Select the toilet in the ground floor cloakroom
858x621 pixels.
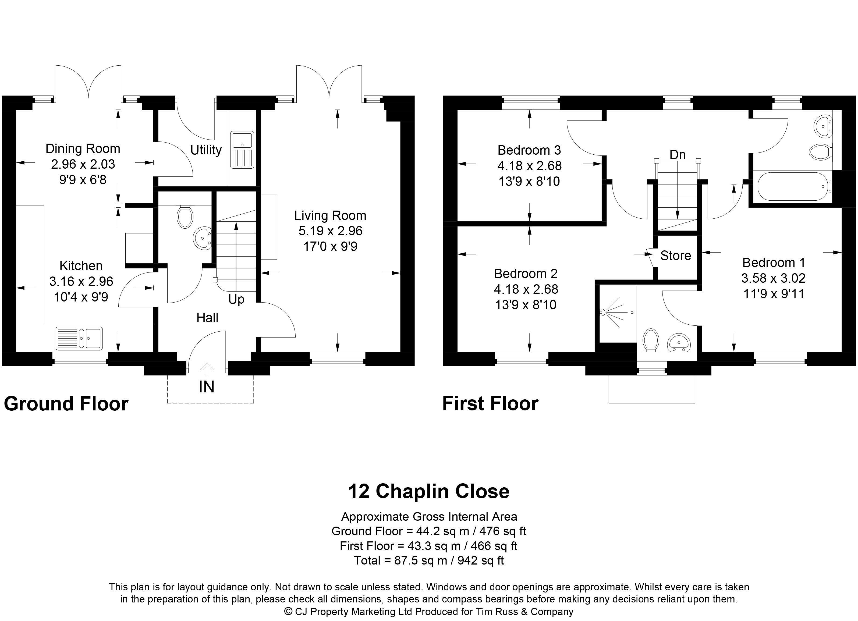coord(185,217)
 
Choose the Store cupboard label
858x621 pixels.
coord(676,256)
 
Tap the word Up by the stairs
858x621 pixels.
coord(236,300)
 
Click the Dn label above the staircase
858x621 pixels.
coord(678,155)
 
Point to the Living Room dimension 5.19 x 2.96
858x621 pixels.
coord(331,231)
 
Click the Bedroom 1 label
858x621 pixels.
coord(774,262)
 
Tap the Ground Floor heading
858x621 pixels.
coord(66,404)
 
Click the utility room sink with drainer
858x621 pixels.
coord(242,150)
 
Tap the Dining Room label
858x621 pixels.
coord(83,149)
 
